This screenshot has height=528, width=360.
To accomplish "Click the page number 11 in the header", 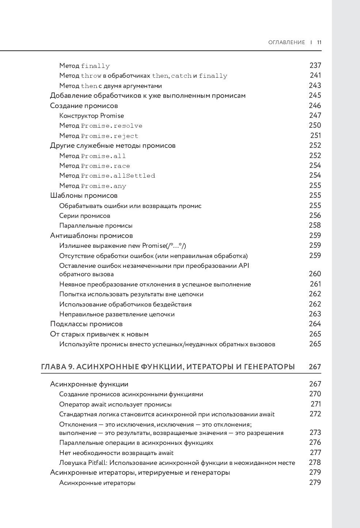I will tap(319, 42).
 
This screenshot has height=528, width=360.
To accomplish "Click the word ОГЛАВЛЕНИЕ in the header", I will tap(286, 42).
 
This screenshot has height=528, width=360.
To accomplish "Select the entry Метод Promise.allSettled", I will tap(107, 176).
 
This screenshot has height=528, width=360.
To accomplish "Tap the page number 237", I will tap(315, 65).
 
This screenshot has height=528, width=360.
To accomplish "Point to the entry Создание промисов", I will tap(84, 106).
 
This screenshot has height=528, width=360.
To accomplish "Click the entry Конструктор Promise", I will tap(91, 116).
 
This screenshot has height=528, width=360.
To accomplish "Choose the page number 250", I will tap(315, 125).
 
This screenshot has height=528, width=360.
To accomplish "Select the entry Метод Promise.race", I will tap(95, 166).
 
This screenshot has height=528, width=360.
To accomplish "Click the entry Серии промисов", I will tap(84, 216).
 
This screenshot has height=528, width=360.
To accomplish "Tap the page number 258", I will tap(315, 225).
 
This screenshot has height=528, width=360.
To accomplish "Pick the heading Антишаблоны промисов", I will tap(91, 235).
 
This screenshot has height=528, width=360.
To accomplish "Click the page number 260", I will tap(315, 274).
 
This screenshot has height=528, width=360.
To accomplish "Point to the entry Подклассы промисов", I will tap(86, 324).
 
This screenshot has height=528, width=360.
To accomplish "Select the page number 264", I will tap(315, 324).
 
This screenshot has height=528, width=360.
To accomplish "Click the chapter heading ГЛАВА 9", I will tap(168, 367).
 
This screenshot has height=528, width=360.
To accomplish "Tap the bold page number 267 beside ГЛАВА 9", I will tap(315, 367).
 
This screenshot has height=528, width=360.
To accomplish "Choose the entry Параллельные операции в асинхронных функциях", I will tap(136, 443).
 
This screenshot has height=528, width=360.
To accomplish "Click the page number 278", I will tap(315, 462).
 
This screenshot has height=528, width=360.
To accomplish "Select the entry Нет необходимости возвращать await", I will tap(116, 453).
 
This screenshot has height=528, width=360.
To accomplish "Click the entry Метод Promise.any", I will tap(92, 186).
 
